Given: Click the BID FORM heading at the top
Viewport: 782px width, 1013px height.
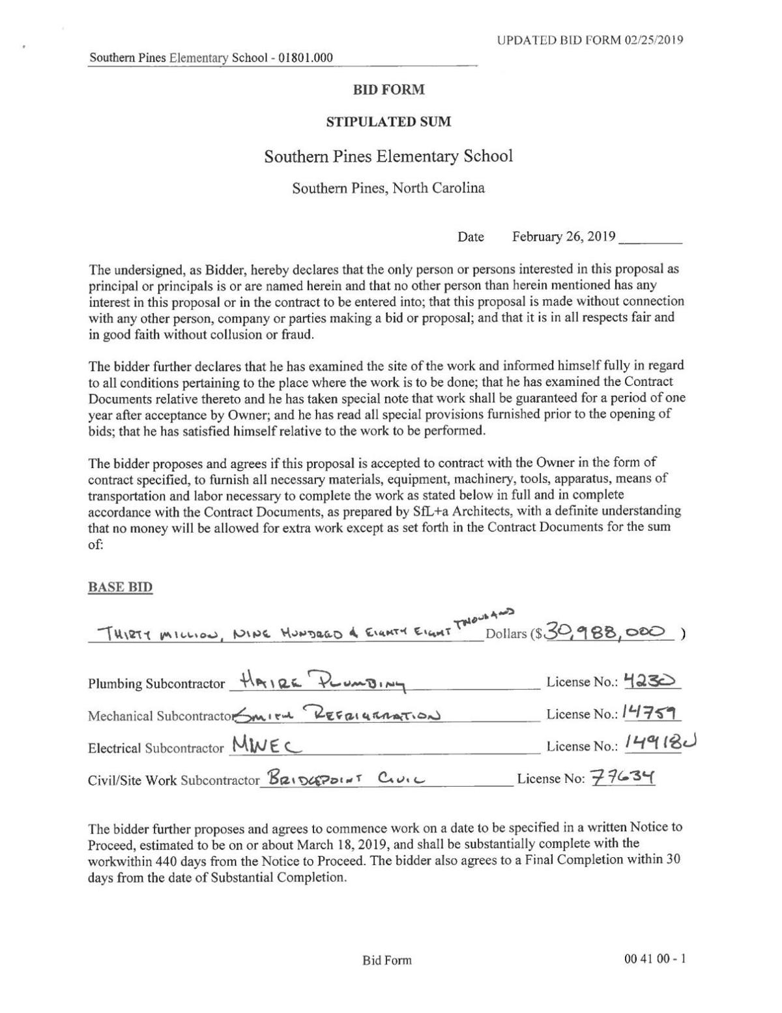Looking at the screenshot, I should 388,90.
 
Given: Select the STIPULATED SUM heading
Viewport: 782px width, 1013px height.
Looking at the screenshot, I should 388,122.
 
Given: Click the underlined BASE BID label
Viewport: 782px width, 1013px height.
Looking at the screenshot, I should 120,587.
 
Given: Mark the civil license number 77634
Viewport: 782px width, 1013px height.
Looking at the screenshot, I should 622,778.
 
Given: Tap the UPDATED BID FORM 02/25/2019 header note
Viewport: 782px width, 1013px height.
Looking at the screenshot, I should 590,40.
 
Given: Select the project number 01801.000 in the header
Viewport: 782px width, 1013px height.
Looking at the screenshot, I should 306,58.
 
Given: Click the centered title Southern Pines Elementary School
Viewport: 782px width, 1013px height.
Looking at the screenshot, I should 388,156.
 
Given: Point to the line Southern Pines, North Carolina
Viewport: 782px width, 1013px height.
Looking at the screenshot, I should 388,188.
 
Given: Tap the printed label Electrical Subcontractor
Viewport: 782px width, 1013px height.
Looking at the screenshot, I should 156,748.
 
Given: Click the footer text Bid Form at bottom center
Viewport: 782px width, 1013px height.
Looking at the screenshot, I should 387,960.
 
